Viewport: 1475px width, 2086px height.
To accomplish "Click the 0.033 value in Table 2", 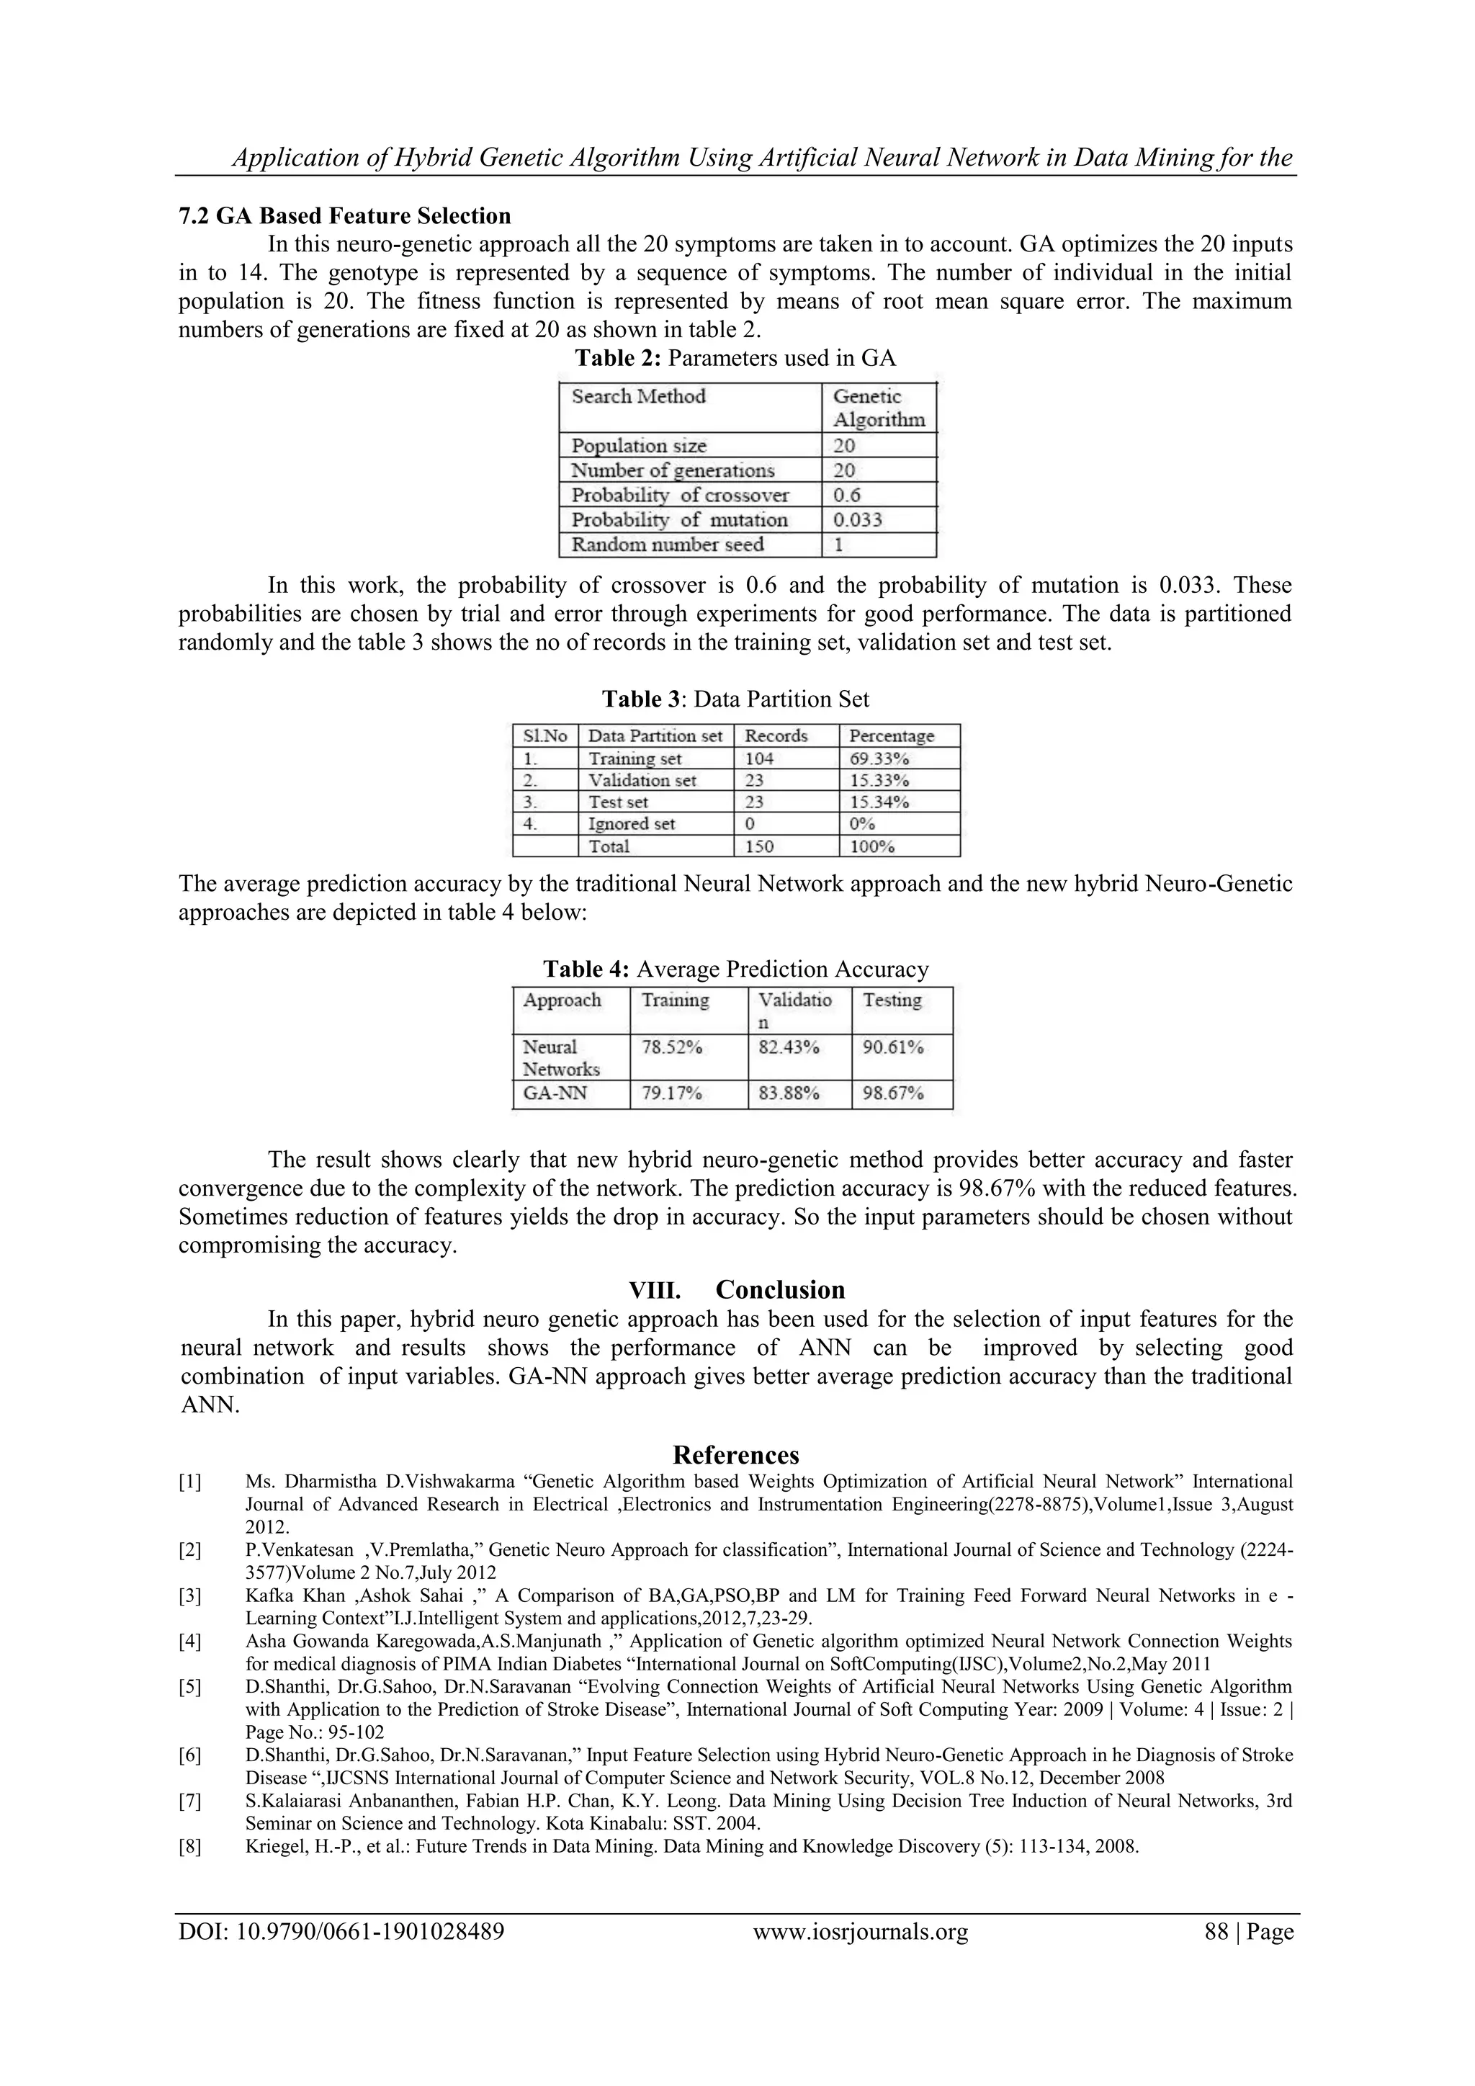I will click(857, 519).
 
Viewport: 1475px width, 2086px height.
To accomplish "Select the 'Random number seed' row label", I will click(667, 545).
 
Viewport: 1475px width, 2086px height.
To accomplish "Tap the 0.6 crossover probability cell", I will click(846, 495).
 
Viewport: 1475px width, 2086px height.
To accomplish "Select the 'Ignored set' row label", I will click(631, 824).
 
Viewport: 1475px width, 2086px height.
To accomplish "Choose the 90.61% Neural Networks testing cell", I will click(893, 1047).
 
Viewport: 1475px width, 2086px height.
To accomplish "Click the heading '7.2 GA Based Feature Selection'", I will click(344, 216).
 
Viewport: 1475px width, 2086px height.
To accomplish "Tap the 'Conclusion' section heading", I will click(779, 1290).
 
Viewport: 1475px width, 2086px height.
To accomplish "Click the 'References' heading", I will click(735, 1456).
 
